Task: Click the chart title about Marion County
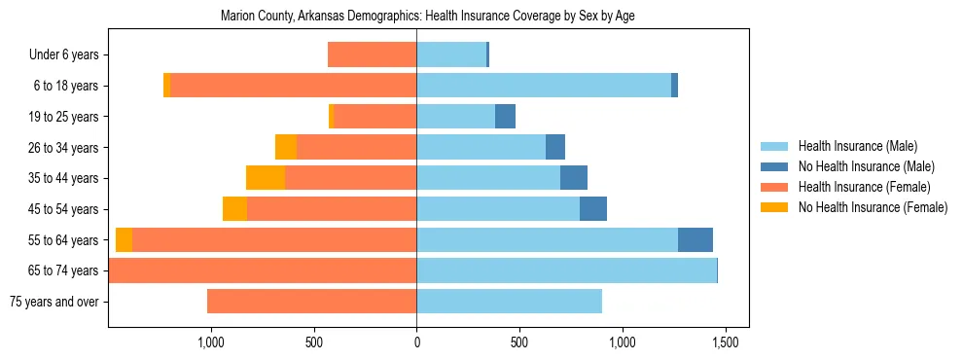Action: (x=428, y=17)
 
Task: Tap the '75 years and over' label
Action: (x=53, y=302)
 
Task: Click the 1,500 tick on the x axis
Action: (x=724, y=342)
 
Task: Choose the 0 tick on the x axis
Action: (x=416, y=342)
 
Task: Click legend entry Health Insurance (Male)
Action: (x=857, y=146)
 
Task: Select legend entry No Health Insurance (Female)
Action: (x=872, y=207)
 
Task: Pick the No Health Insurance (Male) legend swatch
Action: (x=775, y=166)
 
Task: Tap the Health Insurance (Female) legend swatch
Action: (x=775, y=187)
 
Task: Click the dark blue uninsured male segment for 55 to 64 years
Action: (x=695, y=240)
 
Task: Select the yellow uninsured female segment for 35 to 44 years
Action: (x=266, y=178)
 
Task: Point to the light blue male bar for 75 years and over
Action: (x=509, y=302)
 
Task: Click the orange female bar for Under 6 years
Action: (x=373, y=54)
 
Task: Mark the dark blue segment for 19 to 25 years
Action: (x=505, y=117)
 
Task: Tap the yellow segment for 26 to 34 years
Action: (x=286, y=147)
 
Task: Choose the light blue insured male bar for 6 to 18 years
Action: (x=544, y=86)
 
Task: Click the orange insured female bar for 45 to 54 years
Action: (x=332, y=209)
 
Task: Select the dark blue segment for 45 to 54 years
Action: (x=593, y=209)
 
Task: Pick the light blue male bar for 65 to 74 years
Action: (x=566, y=270)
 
